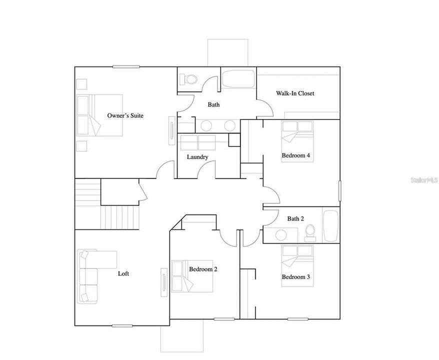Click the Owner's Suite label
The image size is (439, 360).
click(x=125, y=115)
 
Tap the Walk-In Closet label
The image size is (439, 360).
click(x=295, y=93)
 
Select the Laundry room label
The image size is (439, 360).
click(x=197, y=157)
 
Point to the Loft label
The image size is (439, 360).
click(x=123, y=273)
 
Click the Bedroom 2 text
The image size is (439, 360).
click(x=203, y=269)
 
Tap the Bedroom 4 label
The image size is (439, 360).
click(x=296, y=155)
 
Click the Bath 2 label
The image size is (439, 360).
click(x=295, y=218)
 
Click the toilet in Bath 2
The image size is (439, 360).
click(x=310, y=232)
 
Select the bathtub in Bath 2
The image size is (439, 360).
click(x=330, y=226)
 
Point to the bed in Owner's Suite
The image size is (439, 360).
click(x=99, y=115)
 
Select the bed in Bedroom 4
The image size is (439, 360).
click(x=297, y=136)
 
